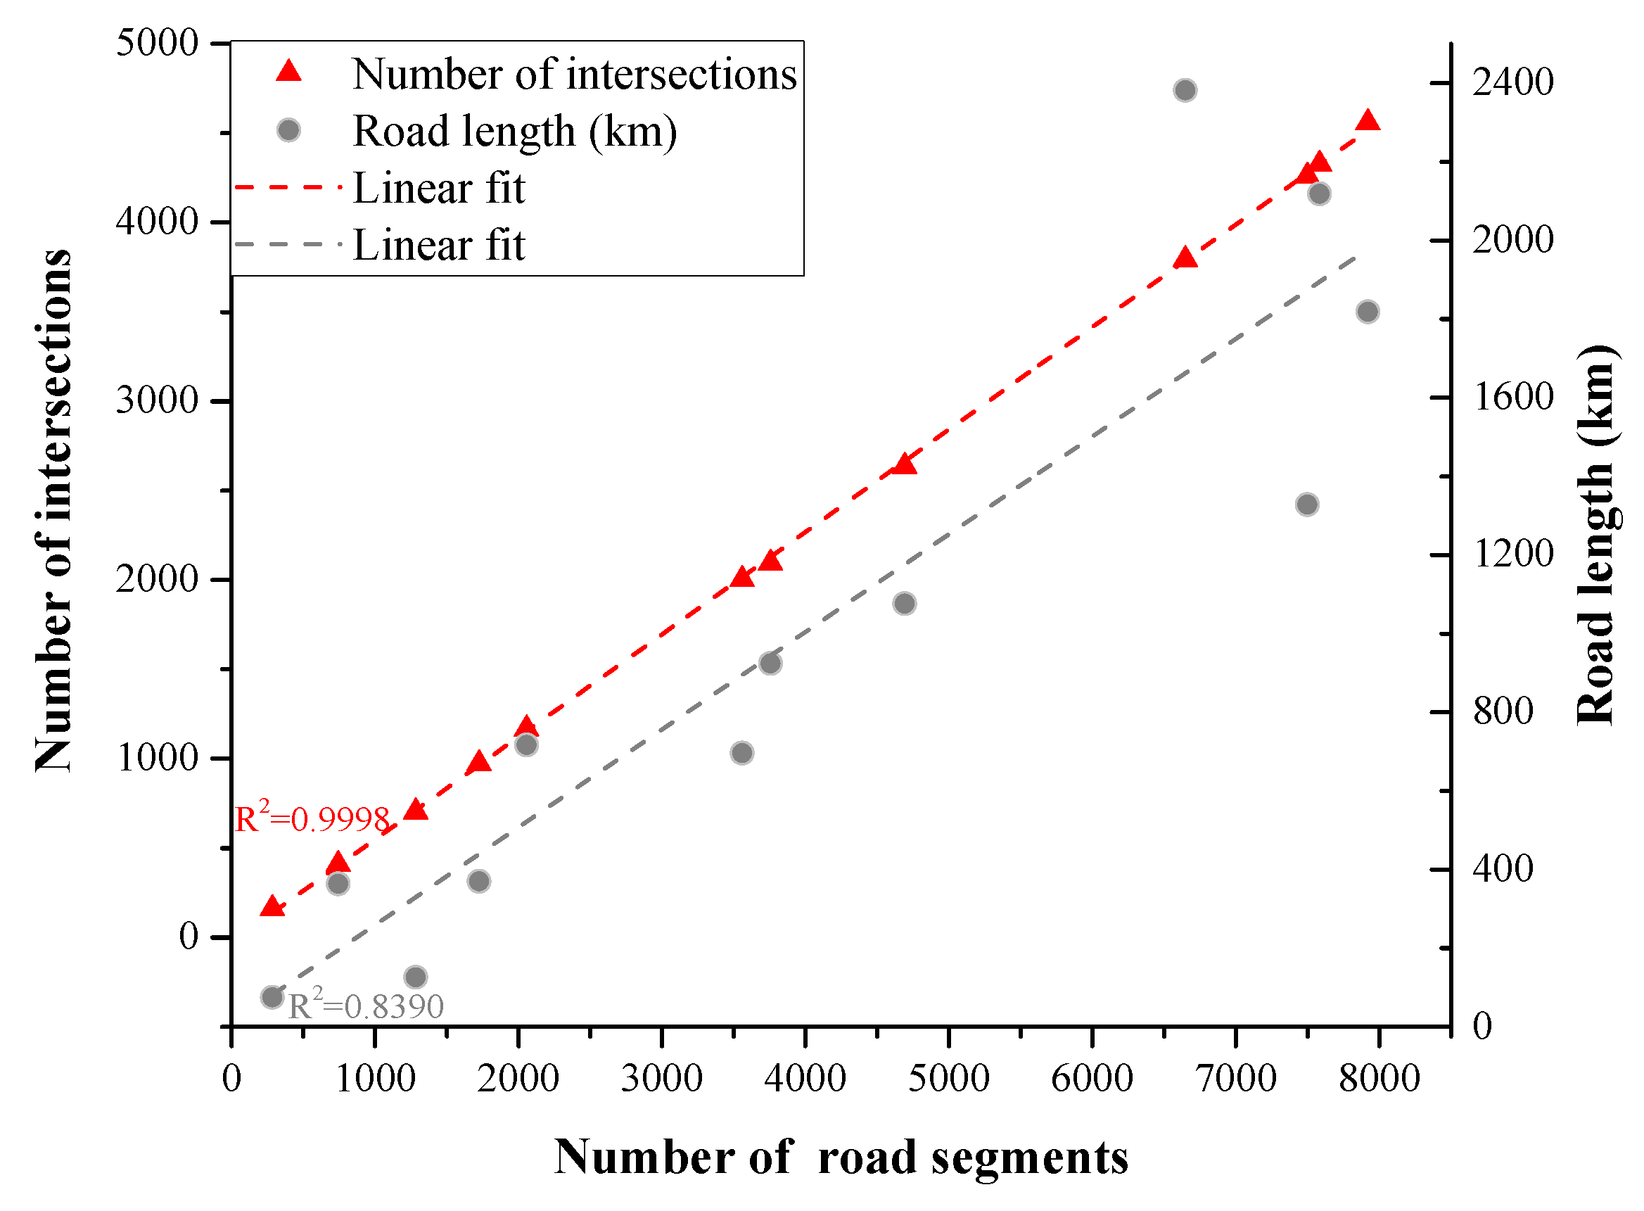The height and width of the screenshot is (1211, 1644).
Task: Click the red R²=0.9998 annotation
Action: click(x=312, y=818)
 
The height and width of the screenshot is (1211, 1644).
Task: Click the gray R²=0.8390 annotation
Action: click(x=365, y=1005)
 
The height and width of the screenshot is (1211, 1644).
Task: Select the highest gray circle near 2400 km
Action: click(x=1185, y=90)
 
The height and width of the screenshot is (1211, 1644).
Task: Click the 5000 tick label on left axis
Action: click(x=158, y=42)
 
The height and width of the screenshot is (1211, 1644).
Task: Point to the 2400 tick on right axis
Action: click(x=1512, y=82)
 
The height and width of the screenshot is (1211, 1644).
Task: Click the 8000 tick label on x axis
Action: click(x=1379, y=1078)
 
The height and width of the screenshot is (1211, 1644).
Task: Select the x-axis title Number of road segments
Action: click(x=841, y=1158)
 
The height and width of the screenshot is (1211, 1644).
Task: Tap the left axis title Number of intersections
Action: click(x=54, y=510)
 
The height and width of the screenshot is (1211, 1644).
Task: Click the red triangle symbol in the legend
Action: click(x=289, y=71)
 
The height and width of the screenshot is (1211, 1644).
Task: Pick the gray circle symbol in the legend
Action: click(x=289, y=130)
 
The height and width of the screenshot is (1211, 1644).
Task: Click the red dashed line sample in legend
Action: click(x=288, y=188)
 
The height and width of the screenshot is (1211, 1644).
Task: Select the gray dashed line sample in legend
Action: click(x=288, y=244)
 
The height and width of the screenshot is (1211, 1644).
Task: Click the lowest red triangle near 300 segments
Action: click(x=272, y=907)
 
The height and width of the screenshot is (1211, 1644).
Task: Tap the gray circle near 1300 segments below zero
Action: click(x=416, y=977)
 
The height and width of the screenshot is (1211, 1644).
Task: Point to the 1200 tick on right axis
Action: click(x=1512, y=554)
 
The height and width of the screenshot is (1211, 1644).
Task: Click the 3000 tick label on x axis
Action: click(x=661, y=1078)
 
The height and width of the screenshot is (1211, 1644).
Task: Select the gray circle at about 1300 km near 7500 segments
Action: click(x=1307, y=505)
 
